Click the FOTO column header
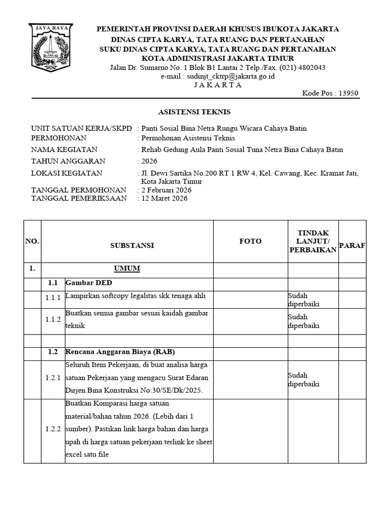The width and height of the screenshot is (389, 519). (x=250, y=241)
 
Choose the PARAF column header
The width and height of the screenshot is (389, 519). (x=352, y=245)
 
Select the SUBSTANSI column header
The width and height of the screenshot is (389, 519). (x=132, y=245)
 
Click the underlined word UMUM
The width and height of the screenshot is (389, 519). (x=127, y=269)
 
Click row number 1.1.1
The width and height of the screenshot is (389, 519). (x=53, y=298)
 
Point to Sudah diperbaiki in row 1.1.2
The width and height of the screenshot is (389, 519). (x=304, y=321)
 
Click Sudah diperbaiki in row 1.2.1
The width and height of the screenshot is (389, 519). (x=304, y=380)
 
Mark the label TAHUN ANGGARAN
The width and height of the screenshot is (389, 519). (x=68, y=161)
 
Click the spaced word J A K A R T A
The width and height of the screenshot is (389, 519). (x=218, y=85)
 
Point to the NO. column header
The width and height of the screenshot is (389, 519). (x=32, y=241)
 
